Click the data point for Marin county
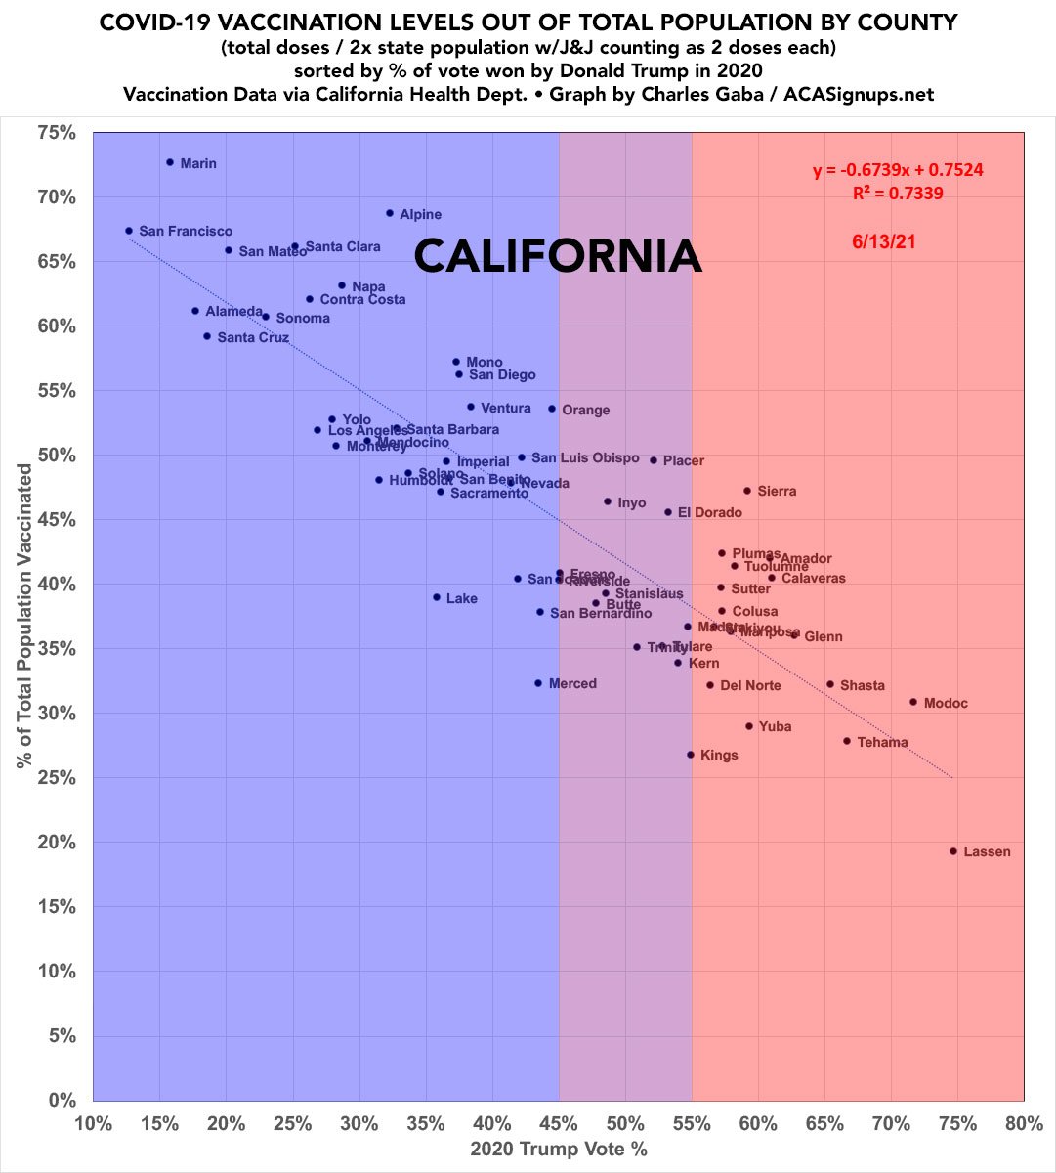169,162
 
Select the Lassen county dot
953,851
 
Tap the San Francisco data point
129,231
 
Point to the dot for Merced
537,683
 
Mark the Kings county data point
690,755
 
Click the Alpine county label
421,214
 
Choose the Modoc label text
947,703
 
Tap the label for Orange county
585,410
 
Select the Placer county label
684,460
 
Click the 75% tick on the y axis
56,133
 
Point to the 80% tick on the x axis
1023,1123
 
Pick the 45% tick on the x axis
559,1123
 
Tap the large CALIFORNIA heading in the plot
557,256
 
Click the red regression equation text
898,170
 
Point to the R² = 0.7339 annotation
898,194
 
